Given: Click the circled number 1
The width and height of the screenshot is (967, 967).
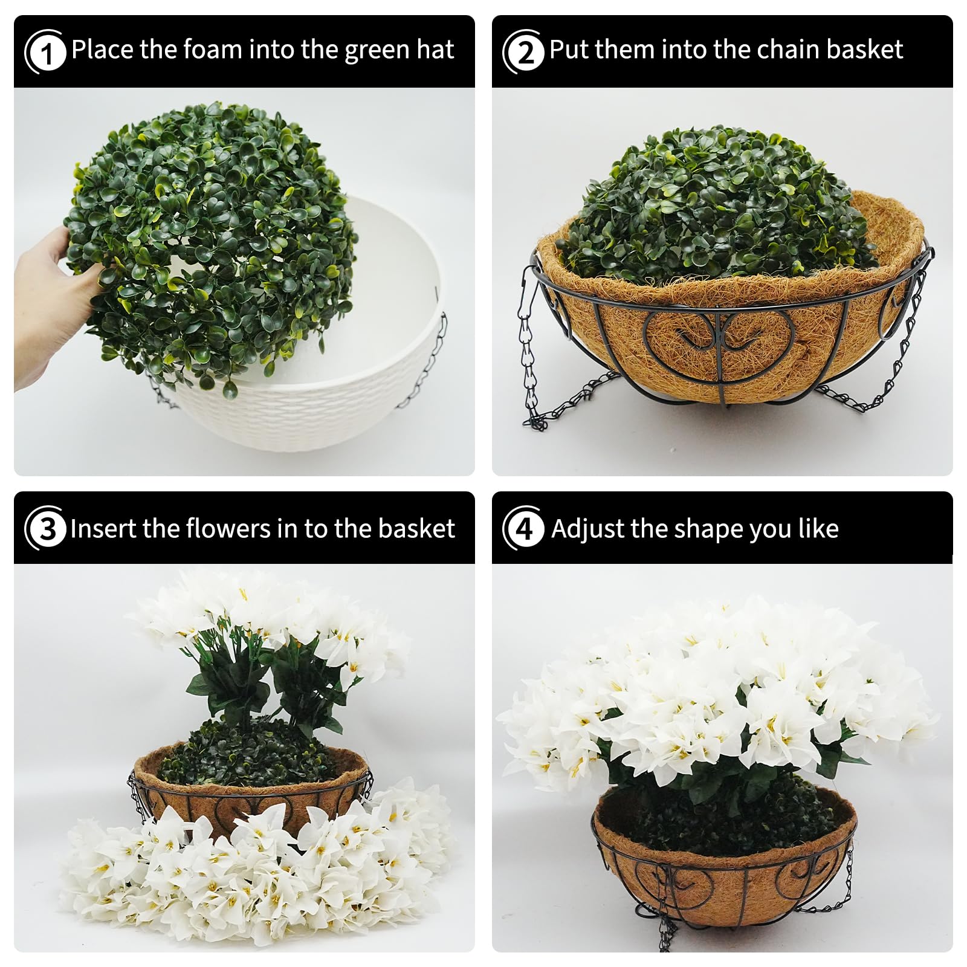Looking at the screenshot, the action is pyautogui.click(x=45, y=52).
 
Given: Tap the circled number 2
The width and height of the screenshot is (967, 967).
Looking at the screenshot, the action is pyautogui.click(x=524, y=52).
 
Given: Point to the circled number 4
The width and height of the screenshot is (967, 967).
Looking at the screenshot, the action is pyautogui.click(x=524, y=528).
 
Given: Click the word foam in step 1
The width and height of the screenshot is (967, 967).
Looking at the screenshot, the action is pyautogui.click(x=213, y=49).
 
